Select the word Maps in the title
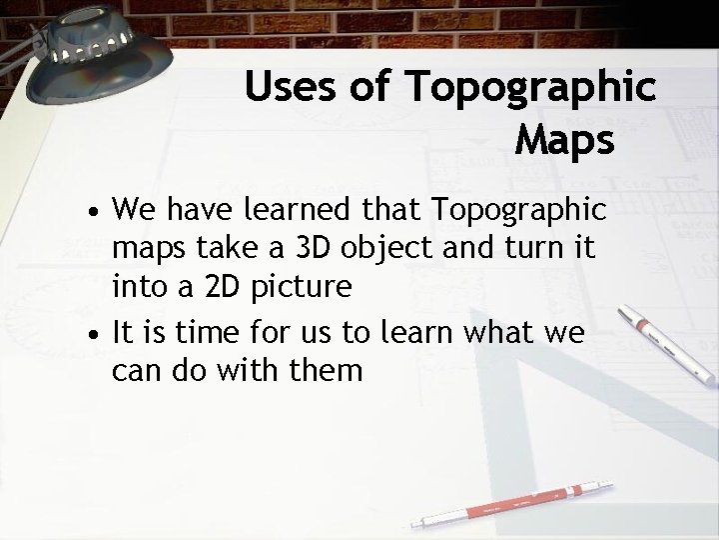click(x=564, y=140)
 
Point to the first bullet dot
click(x=92, y=216)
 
